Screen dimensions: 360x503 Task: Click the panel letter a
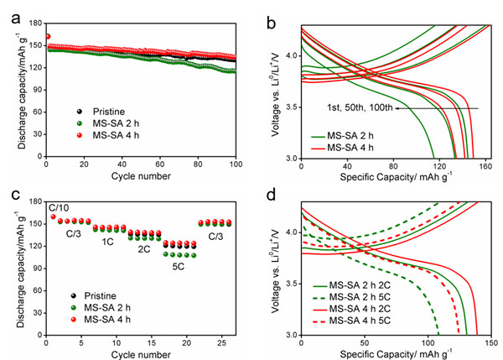point(10,13)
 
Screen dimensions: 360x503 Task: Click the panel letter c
point(9,195)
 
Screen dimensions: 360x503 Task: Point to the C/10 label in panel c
point(60,206)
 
